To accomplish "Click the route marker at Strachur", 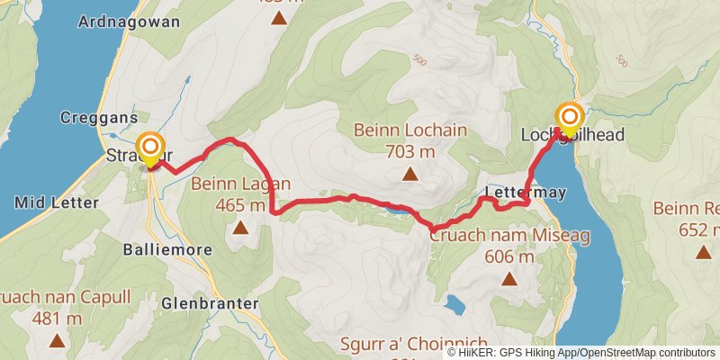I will coord(150,147).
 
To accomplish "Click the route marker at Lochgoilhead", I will coord(570,118).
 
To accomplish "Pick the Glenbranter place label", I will coord(203,303).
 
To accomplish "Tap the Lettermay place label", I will coord(516,193).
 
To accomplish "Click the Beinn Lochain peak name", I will coord(410,130).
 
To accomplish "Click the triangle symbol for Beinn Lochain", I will coord(410,175).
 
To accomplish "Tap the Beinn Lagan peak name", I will coord(240,184).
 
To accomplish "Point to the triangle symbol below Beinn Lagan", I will coord(240,228).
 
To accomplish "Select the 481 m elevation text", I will coord(57,318).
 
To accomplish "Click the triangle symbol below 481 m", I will coord(57,341).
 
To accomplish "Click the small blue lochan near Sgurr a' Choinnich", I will coord(454,306).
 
